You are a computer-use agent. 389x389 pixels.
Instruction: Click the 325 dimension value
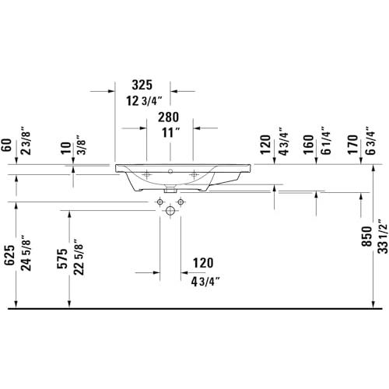[x=142, y=85]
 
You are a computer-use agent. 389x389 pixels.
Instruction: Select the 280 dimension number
[x=169, y=117]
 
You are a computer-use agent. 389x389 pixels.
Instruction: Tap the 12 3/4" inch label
[x=144, y=101]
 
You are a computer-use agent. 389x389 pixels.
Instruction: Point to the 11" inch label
[x=171, y=133]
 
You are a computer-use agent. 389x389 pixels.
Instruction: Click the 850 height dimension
[x=367, y=237]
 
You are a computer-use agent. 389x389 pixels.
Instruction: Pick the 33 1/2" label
[x=383, y=237]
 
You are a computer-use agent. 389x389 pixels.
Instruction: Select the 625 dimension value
[x=9, y=255]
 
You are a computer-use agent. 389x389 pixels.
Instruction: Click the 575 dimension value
[x=62, y=258]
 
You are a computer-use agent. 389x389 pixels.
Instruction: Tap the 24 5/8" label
[x=26, y=253]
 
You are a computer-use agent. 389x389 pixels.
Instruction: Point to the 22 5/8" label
[x=79, y=257]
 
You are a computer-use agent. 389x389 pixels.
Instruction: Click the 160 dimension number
[x=309, y=145]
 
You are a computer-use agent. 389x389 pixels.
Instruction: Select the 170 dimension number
[x=352, y=145]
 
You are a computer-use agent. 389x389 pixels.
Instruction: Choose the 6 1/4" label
[x=326, y=141]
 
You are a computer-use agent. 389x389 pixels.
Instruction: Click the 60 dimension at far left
[x=7, y=145]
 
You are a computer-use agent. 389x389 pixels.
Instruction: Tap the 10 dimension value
[x=66, y=148]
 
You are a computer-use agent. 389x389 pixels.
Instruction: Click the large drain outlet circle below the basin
[x=170, y=210]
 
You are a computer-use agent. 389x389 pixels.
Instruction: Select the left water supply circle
[x=160, y=202]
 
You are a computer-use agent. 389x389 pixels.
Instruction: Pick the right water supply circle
[x=180, y=202]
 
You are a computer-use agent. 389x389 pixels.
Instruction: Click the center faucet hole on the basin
[x=170, y=171]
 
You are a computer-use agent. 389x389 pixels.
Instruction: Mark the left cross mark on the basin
[x=147, y=175]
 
